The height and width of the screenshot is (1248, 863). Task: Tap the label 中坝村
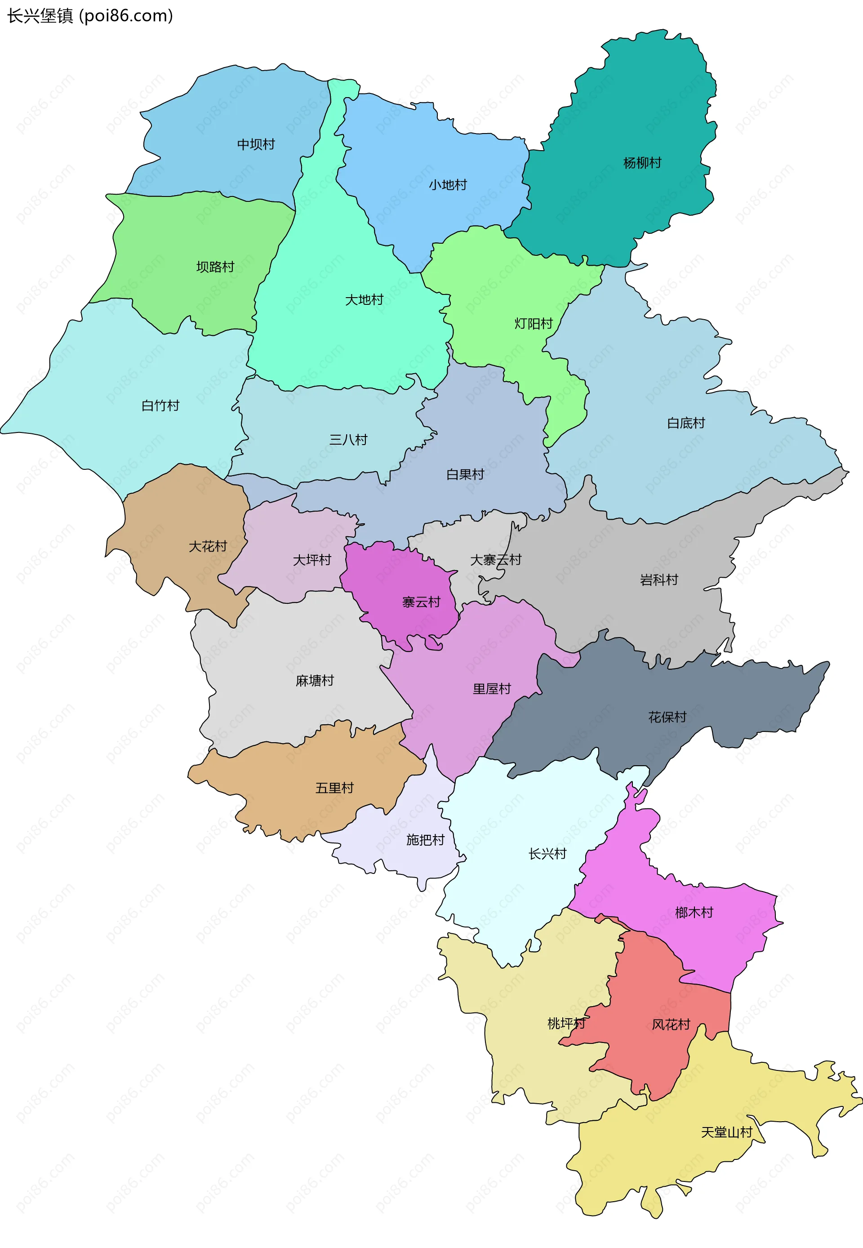coord(256,144)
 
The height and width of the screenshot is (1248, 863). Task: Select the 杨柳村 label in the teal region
coord(642,163)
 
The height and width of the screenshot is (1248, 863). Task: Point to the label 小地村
coord(448,185)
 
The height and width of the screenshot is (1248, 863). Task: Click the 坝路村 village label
coord(215,267)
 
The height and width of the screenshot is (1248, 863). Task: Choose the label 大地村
coord(364,299)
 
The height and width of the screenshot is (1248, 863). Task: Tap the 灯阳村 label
coord(533,323)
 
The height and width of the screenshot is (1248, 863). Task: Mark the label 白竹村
coord(160,406)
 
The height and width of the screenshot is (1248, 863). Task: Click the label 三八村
coord(348,440)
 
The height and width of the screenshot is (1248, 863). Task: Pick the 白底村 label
coord(685,423)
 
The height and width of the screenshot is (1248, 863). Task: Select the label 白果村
coord(465,474)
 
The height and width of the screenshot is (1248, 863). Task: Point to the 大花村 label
coord(208,546)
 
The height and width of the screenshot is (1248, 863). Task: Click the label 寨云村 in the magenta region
coord(421,602)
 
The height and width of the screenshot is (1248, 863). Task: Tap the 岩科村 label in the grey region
coord(658,579)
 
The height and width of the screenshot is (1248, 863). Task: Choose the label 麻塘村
coord(315,680)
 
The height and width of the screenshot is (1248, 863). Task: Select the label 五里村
coord(334,788)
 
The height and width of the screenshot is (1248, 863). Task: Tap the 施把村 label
coord(425,840)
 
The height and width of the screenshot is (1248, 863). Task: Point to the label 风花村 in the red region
coord(671,1024)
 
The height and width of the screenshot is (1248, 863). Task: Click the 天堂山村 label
coord(726,1132)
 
